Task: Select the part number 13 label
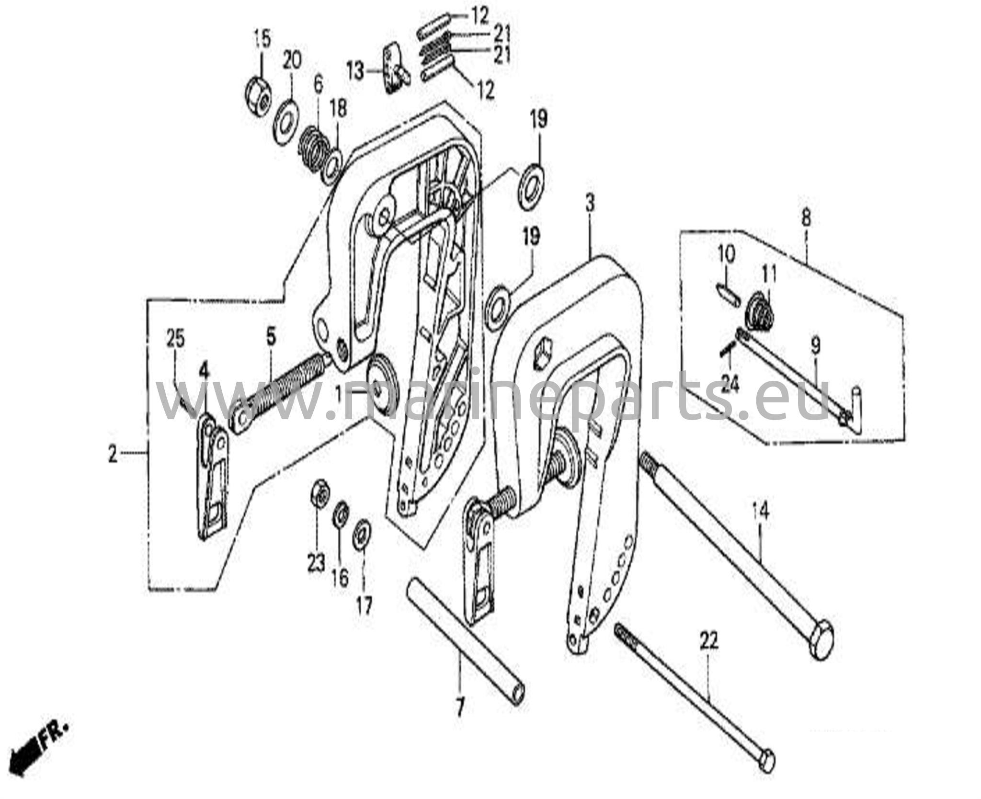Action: coord(356,72)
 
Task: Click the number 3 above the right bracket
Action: coord(590,203)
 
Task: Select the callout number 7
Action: coord(460,707)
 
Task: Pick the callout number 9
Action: coord(815,345)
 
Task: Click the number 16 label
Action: coord(340,578)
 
